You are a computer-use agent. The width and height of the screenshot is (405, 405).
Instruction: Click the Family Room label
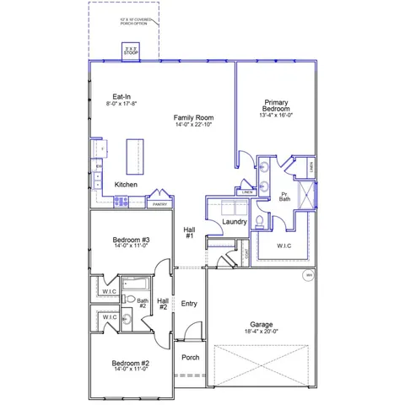[x=193, y=117]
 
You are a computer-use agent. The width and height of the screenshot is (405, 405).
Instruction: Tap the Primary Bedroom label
[x=276, y=105]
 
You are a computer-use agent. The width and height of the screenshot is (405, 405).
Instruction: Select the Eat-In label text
[x=121, y=96]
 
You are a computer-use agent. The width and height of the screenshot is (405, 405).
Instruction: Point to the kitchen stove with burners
[x=121, y=202]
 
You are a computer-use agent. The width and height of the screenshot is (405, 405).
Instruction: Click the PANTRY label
[x=159, y=203]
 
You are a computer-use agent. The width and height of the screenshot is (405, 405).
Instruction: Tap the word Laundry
[x=234, y=222]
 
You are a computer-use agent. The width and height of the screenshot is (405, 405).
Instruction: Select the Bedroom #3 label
[x=131, y=240]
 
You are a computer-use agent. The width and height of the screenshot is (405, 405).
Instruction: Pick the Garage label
[x=261, y=324]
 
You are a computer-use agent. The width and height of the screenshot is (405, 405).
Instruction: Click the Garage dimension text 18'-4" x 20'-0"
[x=261, y=332]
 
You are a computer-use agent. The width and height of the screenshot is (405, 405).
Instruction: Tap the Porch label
[x=191, y=357]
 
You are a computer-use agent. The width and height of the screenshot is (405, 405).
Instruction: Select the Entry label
[x=189, y=304]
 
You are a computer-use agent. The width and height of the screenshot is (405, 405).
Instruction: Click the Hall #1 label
[x=190, y=232]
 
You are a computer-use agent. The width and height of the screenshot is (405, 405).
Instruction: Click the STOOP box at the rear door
[x=130, y=51]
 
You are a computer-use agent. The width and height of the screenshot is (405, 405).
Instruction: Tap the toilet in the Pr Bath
[x=259, y=221]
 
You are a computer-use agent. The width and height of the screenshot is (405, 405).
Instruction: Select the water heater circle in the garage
[x=308, y=276]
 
